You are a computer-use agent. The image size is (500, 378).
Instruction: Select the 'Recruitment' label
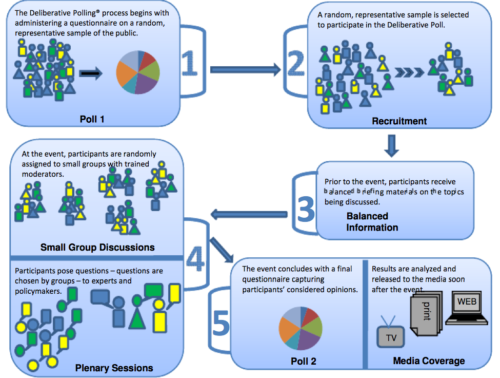pyautogui.click(x=399, y=121)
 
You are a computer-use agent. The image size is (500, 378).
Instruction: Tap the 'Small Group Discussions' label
pyautogui.click(x=97, y=247)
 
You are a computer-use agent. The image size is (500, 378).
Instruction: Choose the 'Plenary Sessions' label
pyautogui.click(x=114, y=368)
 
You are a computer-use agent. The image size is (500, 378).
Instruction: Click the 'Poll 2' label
pyautogui.click(x=303, y=362)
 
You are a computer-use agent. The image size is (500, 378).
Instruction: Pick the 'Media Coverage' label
pyautogui.click(x=429, y=361)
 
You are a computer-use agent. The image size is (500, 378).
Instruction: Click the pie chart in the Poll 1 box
pyautogui.click(x=138, y=72)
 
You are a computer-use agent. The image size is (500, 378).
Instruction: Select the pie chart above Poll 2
pyautogui.click(x=301, y=329)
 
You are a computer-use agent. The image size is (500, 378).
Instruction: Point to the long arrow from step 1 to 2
pyautogui.click(x=245, y=68)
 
